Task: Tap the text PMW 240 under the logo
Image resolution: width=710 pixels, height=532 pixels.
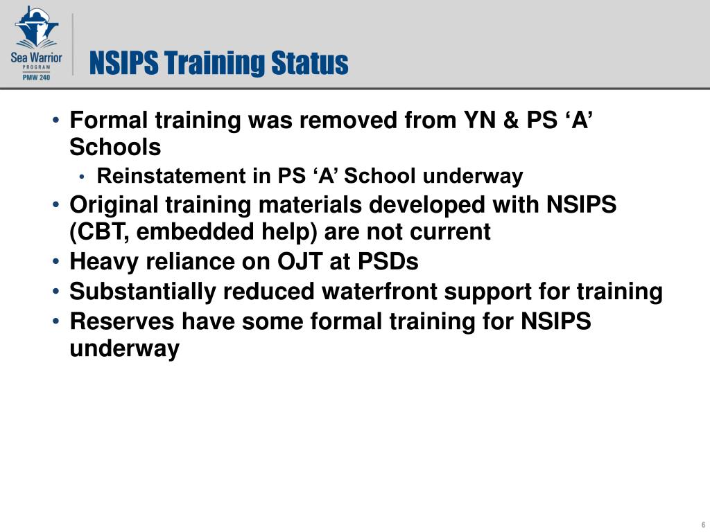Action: click(36, 77)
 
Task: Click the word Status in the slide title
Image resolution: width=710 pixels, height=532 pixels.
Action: click(309, 64)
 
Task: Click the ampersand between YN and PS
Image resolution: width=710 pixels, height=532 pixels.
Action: click(510, 121)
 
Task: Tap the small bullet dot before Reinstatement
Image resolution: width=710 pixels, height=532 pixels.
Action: click(83, 177)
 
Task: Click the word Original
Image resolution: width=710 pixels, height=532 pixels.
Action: click(112, 205)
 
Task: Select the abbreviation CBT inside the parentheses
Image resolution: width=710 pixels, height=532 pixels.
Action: click(102, 232)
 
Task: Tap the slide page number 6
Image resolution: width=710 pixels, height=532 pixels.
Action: click(703, 524)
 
